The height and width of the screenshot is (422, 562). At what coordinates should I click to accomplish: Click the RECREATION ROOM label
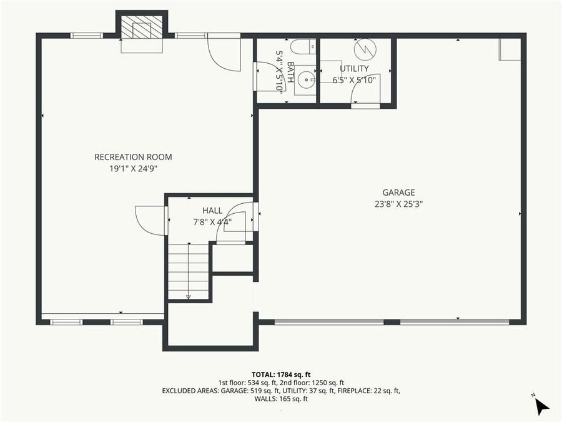(x=133, y=157)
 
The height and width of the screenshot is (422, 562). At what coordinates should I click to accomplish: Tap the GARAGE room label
(x=398, y=193)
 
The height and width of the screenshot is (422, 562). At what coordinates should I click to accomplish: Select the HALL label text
(x=212, y=211)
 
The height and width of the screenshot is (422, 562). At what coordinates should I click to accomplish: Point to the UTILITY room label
(x=354, y=69)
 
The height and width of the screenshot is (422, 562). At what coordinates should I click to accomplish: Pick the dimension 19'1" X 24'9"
(x=133, y=168)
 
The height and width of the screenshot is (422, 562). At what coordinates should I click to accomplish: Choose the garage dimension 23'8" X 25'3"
(x=398, y=204)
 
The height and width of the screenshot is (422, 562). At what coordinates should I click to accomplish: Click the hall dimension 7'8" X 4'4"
(x=212, y=221)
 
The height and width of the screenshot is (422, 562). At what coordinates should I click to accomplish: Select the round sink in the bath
(x=305, y=79)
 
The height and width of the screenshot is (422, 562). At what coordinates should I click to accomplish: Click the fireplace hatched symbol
(x=141, y=28)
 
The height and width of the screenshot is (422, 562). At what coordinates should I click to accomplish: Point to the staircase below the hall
(x=188, y=271)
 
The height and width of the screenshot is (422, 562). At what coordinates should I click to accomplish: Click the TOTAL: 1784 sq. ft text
(x=280, y=374)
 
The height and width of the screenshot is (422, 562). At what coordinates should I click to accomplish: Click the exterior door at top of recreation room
(x=223, y=51)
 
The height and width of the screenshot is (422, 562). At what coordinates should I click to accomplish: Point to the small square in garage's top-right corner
(x=509, y=49)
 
